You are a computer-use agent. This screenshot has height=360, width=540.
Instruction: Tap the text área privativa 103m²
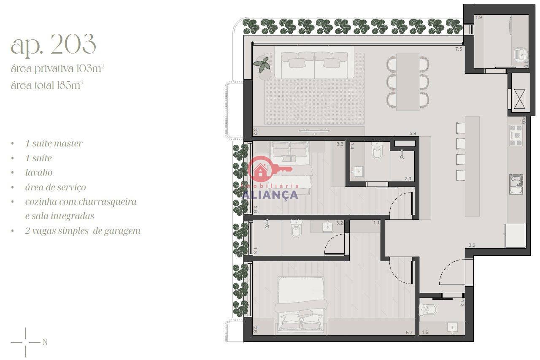57,69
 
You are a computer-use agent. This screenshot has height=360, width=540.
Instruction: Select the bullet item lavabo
39,173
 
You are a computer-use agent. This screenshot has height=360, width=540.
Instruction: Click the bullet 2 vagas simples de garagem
83,231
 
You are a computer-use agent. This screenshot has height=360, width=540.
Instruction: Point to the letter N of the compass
45,342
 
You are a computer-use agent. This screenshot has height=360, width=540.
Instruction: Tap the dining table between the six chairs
408,82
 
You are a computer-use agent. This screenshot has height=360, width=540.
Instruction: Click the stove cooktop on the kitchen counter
516,135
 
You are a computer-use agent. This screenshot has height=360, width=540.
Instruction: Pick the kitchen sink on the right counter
516,184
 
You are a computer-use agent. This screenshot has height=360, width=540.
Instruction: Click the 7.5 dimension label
459,49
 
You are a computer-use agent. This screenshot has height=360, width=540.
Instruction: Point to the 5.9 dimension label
413,133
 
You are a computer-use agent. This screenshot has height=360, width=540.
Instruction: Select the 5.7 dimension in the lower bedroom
409,333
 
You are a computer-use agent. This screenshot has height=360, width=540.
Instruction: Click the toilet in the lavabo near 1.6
428,310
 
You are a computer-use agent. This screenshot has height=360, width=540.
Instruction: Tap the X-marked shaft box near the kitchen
519,99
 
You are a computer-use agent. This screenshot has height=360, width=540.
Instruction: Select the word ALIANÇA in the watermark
270,195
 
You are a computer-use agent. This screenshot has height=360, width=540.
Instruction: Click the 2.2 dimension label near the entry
472,246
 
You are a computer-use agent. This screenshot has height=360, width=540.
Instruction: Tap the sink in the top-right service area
521,54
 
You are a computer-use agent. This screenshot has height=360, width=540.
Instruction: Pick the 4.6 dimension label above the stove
523,121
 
